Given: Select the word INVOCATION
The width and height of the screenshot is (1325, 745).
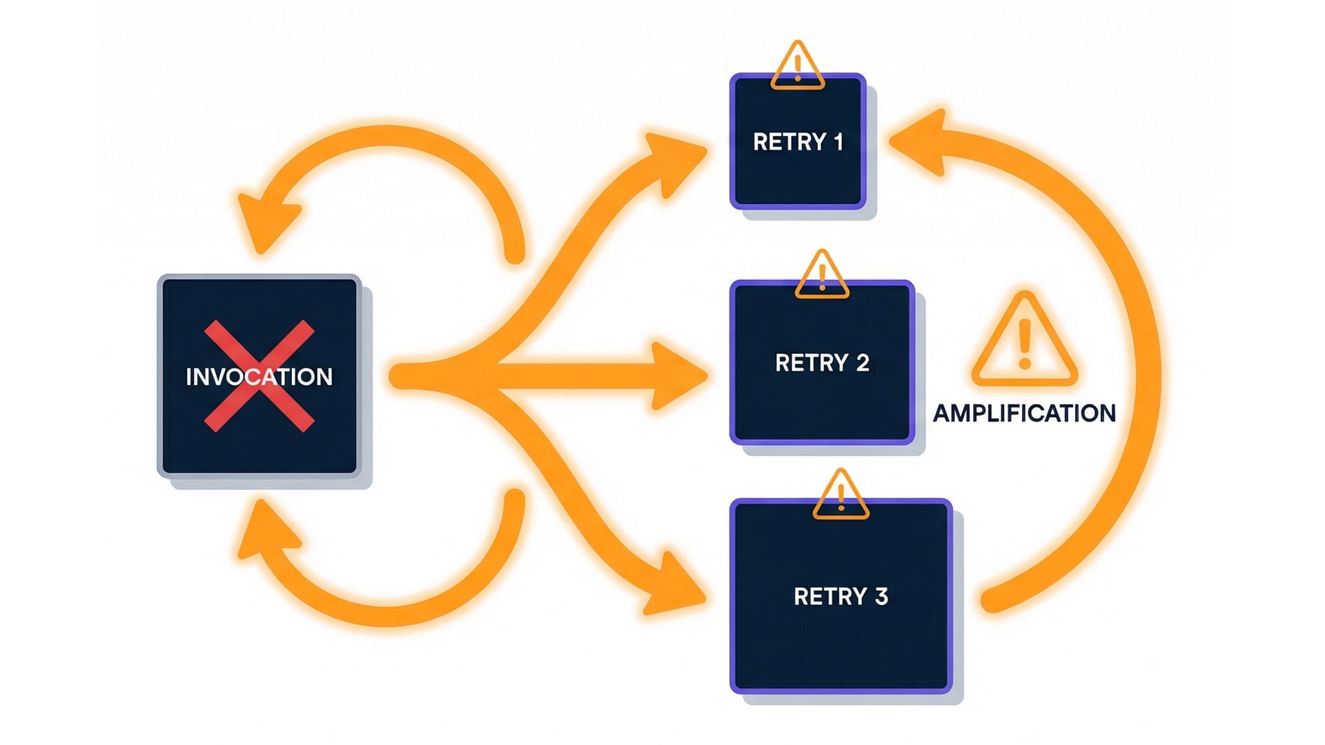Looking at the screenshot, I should click(x=259, y=377).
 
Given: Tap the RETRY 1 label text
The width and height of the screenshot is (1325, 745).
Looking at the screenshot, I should click(x=798, y=142).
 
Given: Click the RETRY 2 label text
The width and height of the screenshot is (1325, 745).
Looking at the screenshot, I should click(x=822, y=363).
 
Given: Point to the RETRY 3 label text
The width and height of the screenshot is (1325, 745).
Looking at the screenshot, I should click(x=841, y=597).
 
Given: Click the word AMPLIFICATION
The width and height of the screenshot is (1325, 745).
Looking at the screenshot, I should click(x=1024, y=413).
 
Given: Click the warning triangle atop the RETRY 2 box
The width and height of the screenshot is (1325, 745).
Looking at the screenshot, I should click(x=822, y=277).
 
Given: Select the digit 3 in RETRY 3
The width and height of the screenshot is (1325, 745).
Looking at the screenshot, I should click(x=881, y=597).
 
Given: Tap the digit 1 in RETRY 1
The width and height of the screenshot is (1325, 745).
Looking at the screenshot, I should click(x=838, y=142).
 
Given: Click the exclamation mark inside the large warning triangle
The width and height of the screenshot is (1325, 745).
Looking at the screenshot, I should click(x=1025, y=344).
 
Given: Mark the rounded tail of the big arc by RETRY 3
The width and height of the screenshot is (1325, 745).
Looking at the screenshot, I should click(x=992, y=601).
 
